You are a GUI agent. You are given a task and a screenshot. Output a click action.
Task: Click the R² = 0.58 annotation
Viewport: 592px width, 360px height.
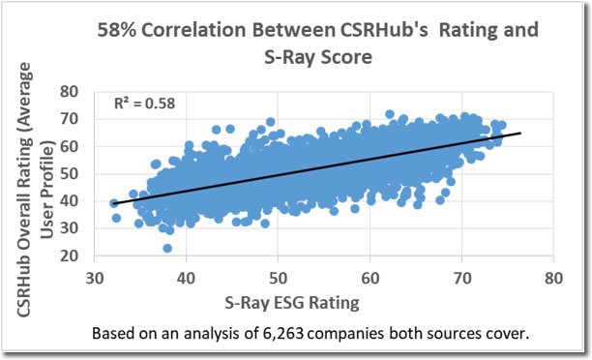click(144, 104)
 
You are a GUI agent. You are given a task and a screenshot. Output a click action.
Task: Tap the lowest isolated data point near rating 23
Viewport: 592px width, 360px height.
click(167, 248)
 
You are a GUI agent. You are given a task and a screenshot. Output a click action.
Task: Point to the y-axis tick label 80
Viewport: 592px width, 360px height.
click(69, 91)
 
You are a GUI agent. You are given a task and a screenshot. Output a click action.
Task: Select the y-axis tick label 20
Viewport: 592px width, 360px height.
click(69, 256)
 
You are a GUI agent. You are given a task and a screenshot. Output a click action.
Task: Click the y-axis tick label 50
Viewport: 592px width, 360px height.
click(69, 174)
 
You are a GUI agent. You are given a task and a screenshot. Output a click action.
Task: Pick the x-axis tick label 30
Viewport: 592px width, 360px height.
click(95, 279)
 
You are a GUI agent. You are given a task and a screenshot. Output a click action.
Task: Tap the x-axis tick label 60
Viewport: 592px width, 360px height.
click(370, 279)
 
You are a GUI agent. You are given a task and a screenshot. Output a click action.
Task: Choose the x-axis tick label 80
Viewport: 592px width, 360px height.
click(553, 279)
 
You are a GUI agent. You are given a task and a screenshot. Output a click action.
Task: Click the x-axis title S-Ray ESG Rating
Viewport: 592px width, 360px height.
click(292, 303)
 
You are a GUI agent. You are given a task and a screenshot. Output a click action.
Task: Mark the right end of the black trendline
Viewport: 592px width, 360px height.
click(521, 133)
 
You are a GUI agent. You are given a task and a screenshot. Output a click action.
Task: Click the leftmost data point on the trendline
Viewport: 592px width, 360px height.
click(114, 203)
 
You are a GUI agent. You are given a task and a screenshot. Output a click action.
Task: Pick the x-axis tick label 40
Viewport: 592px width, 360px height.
click(186, 279)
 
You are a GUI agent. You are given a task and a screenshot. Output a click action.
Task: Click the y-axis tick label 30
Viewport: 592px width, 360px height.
click(69, 228)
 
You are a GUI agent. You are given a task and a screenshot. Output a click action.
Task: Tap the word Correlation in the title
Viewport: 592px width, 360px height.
click(193, 30)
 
